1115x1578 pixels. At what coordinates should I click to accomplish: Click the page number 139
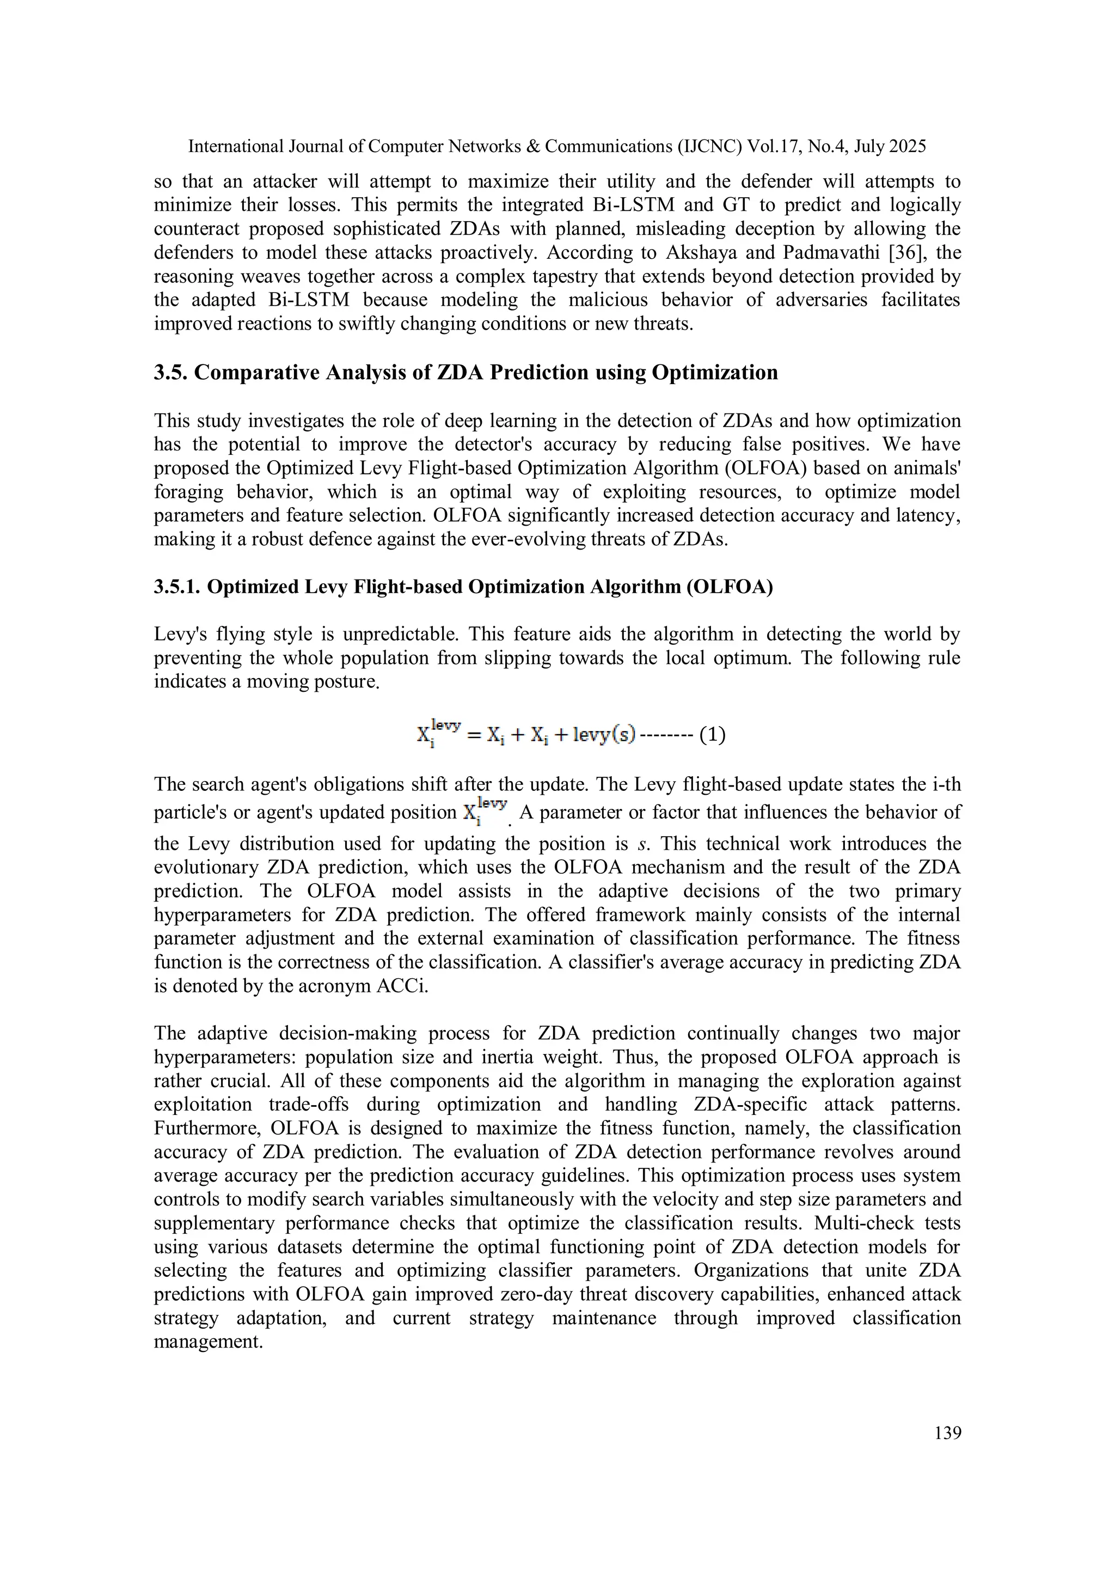[947, 1433]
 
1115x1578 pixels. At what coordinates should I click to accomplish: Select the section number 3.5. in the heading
[170, 373]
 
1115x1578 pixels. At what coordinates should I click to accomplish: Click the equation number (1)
[713, 735]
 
